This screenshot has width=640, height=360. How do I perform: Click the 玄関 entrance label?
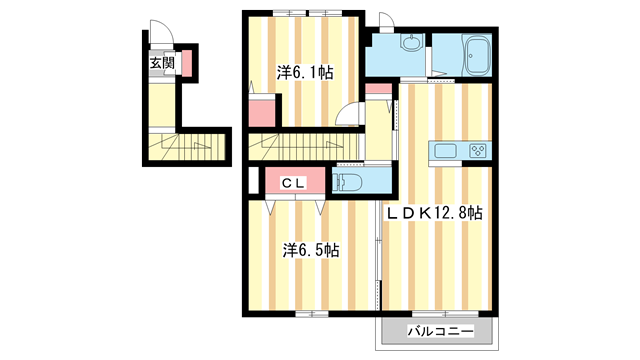click(x=162, y=63)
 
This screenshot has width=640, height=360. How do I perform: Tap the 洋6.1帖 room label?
click(x=305, y=73)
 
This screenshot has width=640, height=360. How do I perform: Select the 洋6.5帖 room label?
click(x=311, y=250)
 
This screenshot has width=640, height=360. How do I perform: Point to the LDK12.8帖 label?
click(x=435, y=213)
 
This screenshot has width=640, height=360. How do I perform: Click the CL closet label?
click(x=293, y=184)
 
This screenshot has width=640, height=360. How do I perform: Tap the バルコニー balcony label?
click(x=440, y=331)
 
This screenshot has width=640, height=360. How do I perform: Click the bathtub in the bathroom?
click(x=477, y=56)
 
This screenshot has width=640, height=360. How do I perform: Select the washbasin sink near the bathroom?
click(x=412, y=42)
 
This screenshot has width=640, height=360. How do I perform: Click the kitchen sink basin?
click(x=445, y=151)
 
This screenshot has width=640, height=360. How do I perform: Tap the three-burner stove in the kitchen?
click(x=478, y=151)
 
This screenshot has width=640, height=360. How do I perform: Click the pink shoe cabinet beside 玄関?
click(x=187, y=63)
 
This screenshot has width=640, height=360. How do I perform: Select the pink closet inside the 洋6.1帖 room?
click(x=262, y=113)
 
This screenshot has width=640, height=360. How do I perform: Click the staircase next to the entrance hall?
click(x=187, y=147)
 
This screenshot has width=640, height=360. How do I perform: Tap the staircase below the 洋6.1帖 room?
click(x=305, y=147)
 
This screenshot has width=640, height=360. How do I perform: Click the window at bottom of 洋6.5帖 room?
click(x=312, y=314)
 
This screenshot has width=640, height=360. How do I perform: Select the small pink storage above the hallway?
click(x=378, y=88)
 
